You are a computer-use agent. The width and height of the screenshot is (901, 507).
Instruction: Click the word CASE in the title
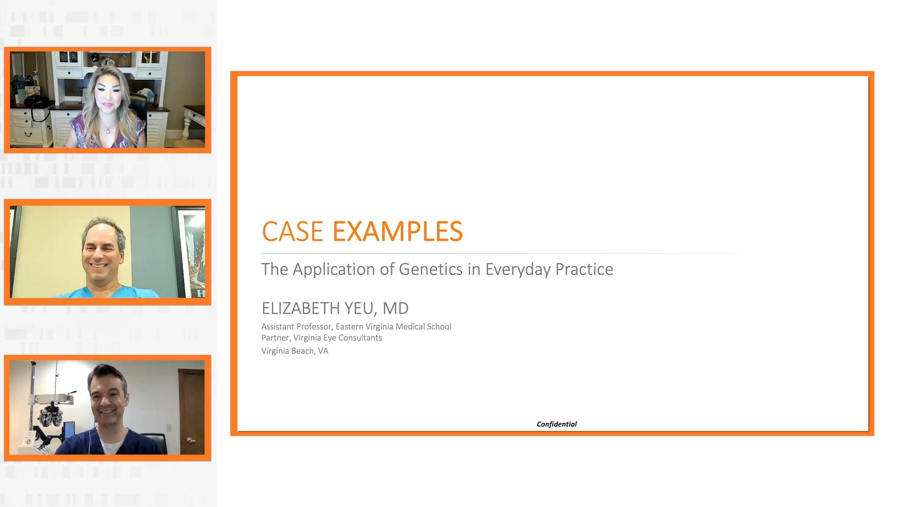(292, 231)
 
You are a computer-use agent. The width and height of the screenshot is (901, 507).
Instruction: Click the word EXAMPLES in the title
(397, 231)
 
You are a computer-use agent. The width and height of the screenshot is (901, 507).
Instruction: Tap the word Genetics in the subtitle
(431, 269)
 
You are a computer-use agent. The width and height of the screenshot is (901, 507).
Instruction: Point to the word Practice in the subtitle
(584, 269)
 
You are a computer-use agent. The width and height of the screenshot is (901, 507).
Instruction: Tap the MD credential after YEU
(396, 308)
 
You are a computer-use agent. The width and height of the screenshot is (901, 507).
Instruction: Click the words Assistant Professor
(296, 327)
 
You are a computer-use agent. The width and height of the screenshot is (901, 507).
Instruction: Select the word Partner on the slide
(275, 338)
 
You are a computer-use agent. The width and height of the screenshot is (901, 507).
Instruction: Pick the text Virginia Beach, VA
(295, 351)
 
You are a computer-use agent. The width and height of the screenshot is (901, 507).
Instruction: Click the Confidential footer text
(557, 424)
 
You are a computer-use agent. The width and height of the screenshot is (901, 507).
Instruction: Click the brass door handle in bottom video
(191, 440)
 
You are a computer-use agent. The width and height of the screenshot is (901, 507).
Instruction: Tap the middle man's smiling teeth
(99, 266)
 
